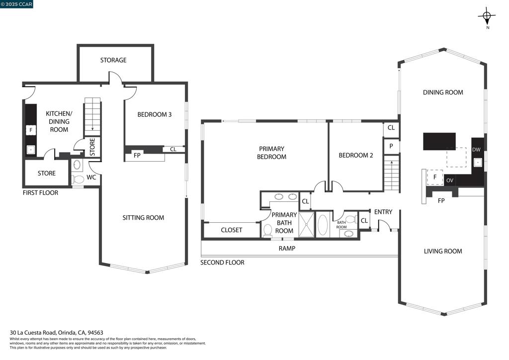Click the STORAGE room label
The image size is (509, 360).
click(x=113, y=60)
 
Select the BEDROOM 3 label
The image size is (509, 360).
click(x=154, y=114)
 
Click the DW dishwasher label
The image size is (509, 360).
click(x=476, y=150)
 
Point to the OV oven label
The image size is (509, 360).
click(x=449, y=180)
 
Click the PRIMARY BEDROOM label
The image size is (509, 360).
click(x=272, y=153)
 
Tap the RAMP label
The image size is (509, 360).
click(x=287, y=249)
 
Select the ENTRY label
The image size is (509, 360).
click(x=383, y=212)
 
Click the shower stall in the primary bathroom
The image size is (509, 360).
click(x=306, y=224)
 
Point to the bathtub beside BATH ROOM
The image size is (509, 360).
click(x=323, y=224)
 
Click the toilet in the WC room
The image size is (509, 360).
click(x=77, y=179)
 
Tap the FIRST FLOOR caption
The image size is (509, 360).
click(x=41, y=193)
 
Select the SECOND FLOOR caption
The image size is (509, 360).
click(x=222, y=263)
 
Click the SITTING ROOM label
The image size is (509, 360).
click(x=143, y=218)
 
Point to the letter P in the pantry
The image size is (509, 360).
click(x=391, y=146)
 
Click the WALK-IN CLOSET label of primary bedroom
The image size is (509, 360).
click(x=232, y=230)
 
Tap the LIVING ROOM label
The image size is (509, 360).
click(x=443, y=251)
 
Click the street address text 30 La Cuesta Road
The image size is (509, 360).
click(x=33, y=333)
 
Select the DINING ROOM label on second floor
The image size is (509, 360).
click(x=443, y=92)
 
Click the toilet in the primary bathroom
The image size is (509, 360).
click(x=268, y=230)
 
